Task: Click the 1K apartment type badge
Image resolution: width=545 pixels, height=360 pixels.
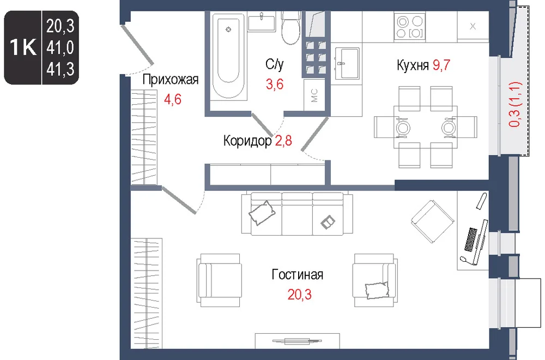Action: pos(23,47)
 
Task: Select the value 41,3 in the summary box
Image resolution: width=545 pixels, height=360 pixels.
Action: pos(60,70)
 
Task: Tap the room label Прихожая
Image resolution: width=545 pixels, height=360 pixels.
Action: pos(170,80)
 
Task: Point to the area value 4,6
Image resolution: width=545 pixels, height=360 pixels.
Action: pos(172,99)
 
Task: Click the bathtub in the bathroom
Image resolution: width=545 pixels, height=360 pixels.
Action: pos(228,56)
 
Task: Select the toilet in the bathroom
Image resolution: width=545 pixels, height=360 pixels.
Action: pos(290,27)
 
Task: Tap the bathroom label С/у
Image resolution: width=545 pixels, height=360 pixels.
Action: pos(275,64)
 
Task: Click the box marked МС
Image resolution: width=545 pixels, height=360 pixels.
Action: pos(314,95)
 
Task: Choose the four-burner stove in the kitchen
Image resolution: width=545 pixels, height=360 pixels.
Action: pos(409,27)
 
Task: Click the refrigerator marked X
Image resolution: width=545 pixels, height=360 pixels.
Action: pos(473,26)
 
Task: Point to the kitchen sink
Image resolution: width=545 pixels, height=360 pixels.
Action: pos(346,63)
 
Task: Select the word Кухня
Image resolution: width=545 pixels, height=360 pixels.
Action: pos(413,65)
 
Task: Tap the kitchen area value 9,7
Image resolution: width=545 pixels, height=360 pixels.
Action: pos(441,65)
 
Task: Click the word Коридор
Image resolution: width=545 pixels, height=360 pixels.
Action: pos(247,141)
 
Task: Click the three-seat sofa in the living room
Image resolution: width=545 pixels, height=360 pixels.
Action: pos(297,213)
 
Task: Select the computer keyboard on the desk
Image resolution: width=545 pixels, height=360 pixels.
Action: pos(471,239)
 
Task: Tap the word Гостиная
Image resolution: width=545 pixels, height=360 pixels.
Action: pos(298,274)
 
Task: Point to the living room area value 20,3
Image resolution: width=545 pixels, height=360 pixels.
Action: pos(300,295)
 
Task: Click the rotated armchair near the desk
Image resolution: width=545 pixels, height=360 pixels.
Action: pos(433,221)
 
